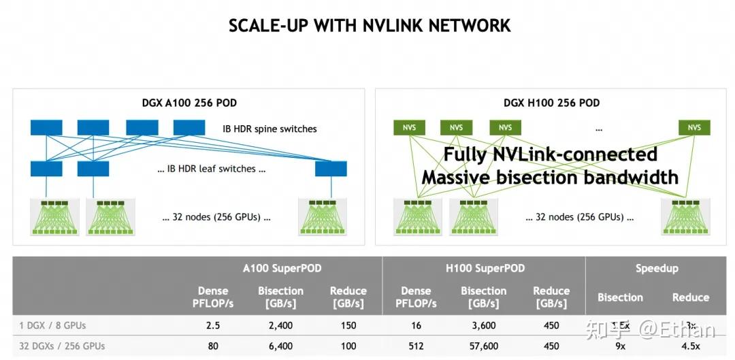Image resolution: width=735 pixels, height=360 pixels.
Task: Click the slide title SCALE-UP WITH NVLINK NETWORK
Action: tap(369, 26)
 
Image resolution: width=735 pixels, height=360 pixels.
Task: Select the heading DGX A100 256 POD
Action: tap(189, 103)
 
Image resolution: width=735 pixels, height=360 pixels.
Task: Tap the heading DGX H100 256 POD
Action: tap(551, 103)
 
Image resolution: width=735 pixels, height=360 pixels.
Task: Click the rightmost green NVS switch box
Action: tap(693, 127)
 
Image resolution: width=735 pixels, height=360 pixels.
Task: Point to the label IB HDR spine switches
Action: tap(269, 129)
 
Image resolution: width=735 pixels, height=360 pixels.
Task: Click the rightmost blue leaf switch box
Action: tap(331, 169)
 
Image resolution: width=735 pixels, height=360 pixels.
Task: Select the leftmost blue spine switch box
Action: tap(46, 127)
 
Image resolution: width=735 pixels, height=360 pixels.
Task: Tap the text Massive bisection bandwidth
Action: tap(550, 178)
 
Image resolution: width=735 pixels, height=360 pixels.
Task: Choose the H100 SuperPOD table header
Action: tap(485, 268)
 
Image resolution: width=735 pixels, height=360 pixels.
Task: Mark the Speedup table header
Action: tap(657, 268)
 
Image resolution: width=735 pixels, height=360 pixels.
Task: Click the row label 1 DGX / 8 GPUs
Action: tap(52, 325)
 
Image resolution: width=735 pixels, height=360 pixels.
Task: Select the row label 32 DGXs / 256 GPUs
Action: tap(62, 346)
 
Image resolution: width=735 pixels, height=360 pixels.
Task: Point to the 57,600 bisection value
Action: tap(484, 346)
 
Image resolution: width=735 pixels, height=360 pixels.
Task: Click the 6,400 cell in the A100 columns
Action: tap(280, 346)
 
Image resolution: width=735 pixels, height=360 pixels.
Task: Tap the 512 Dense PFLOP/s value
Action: tap(416, 346)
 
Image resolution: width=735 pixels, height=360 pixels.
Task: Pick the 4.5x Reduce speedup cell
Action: tap(690, 346)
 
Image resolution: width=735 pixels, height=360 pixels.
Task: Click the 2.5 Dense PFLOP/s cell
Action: tap(213, 325)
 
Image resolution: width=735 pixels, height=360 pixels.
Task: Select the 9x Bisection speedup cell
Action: tap(620, 346)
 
